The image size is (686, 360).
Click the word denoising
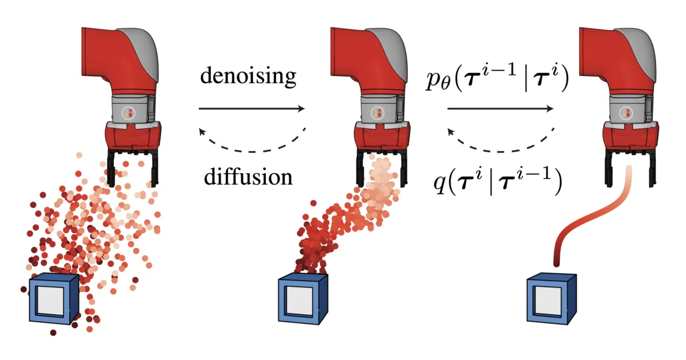[248, 77]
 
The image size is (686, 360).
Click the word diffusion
[248, 177]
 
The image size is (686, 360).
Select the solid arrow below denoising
[252, 109]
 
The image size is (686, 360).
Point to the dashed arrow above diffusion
[252, 151]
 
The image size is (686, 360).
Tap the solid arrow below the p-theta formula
[500, 109]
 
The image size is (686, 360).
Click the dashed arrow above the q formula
[500, 151]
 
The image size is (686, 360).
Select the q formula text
[497, 181]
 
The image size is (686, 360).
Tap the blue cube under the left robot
[54, 299]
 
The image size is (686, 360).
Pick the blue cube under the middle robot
[303, 299]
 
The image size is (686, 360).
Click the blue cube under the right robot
[552, 299]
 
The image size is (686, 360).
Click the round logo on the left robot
[128, 113]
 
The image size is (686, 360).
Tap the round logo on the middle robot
[377, 113]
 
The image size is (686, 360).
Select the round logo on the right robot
[626, 113]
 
